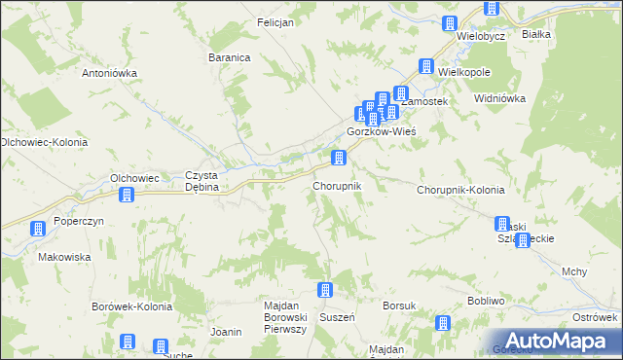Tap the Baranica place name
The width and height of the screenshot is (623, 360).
pyautogui.click(x=230, y=57)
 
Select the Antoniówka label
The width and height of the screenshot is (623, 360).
pyautogui.click(x=109, y=73)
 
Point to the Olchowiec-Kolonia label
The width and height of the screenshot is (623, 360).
pyautogui.click(x=44, y=142)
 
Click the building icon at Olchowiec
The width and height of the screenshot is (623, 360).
pyautogui.click(x=126, y=196)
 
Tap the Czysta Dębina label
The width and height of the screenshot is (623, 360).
pyautogui.click(x=205, y=181)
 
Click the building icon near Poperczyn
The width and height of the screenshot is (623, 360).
pyautogui.click(x=38, y=230)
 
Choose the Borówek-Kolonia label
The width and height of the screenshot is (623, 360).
pyautogui.click(x=131, y=306)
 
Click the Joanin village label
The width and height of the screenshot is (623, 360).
pyautogui.click(x=225, y=332)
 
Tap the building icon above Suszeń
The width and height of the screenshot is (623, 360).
pyautogui.click(x=325, y=290)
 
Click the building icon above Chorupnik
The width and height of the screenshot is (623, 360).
pyautogui.click(x=339, y=158)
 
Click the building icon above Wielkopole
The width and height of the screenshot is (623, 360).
pyautogui.click(x=425, y=66)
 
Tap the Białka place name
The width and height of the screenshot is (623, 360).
pyautogui.click(x=536, y=34)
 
